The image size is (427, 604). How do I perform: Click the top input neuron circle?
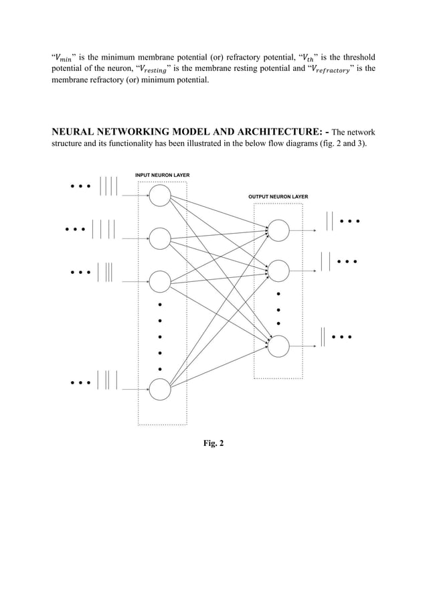[x=160, y=196]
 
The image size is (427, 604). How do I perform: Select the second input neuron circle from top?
[x=160, y=238]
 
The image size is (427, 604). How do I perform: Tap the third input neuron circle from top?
[x=160, y=281]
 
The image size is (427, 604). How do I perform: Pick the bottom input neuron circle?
[x=160, y=390]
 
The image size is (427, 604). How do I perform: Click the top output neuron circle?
[x=278, y=230]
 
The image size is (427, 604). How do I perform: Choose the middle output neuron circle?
[x=278, y=270]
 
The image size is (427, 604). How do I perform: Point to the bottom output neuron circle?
[x=278, y=345]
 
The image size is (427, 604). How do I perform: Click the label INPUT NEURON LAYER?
[x=162, y=175]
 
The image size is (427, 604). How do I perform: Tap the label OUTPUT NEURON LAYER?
[x=278, y=197]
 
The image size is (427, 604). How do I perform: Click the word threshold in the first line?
[x=354, y=57]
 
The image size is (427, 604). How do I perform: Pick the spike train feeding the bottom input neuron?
[x=108, y=380]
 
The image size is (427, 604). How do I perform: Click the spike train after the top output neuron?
[x=329, y=220]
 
